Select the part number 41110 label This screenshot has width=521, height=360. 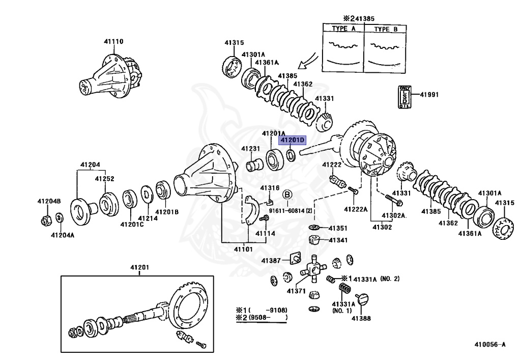coord(113,41)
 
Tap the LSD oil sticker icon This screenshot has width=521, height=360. coord(404,96)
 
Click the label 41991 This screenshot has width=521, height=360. coord(429,95)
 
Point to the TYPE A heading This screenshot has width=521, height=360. coord(343,29)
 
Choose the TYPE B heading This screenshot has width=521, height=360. coord(386,29)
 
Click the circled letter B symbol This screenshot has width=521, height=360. coord(287,194)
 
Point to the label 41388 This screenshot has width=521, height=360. coord(361,319)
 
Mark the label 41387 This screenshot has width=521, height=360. coord(271,261)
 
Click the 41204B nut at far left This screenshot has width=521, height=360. coord(45,220)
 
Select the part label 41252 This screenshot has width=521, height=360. coord(104,179)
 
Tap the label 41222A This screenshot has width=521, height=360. coord(355,209)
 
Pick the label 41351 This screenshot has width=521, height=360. coord(337,228)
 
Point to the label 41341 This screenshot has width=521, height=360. coord(337,240)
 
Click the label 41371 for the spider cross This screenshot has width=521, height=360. coord(296,291)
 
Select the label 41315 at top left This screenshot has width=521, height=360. coord(235,43)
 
